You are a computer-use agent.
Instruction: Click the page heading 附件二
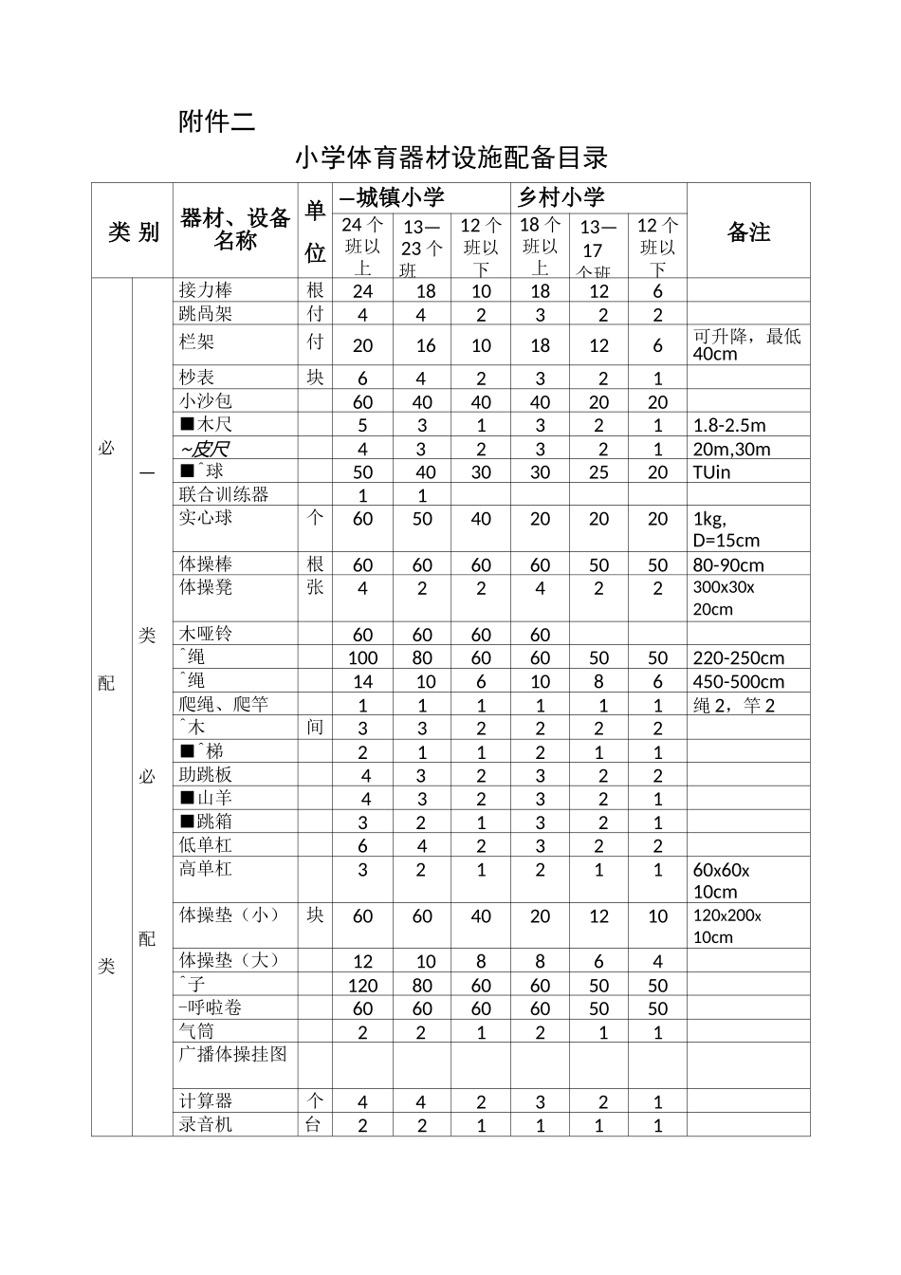216,121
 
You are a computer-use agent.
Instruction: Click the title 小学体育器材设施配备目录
450,157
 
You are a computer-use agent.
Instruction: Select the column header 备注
748,232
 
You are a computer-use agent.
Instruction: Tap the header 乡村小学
561,197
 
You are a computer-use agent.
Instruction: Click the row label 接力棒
206,290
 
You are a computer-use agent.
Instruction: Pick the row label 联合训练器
224,494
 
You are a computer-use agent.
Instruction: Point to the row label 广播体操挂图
232,1054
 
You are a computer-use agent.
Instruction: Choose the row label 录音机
206,1125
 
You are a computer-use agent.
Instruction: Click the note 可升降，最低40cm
746,344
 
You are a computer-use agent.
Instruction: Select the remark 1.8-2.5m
729,425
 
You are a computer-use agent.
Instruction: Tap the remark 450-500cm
739,681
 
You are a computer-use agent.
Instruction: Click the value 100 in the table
362,658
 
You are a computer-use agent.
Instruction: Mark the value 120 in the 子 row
362,986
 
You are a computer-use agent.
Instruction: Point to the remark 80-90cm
728,565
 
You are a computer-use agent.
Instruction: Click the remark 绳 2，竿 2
734,705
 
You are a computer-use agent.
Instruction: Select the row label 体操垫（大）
230,960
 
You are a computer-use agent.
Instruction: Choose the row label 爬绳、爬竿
224,704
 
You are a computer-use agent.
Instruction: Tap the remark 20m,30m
731,449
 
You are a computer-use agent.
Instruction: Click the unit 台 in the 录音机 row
314,1125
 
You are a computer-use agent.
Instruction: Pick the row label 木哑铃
206,634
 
